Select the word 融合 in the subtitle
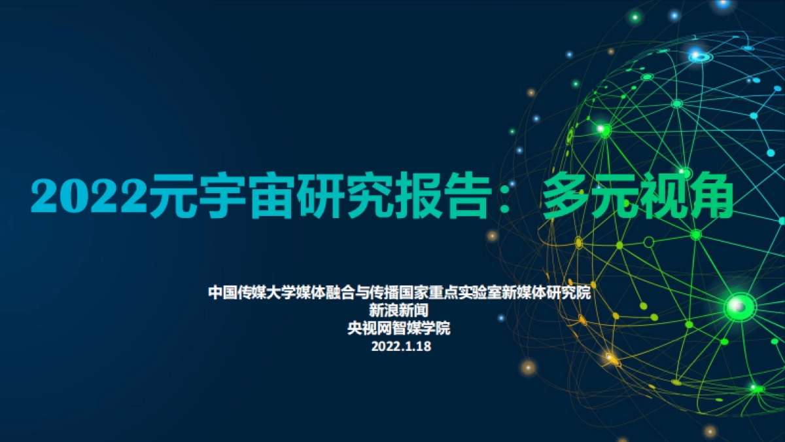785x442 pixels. coord(341,292)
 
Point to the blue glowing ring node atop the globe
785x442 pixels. coord(700,57)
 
